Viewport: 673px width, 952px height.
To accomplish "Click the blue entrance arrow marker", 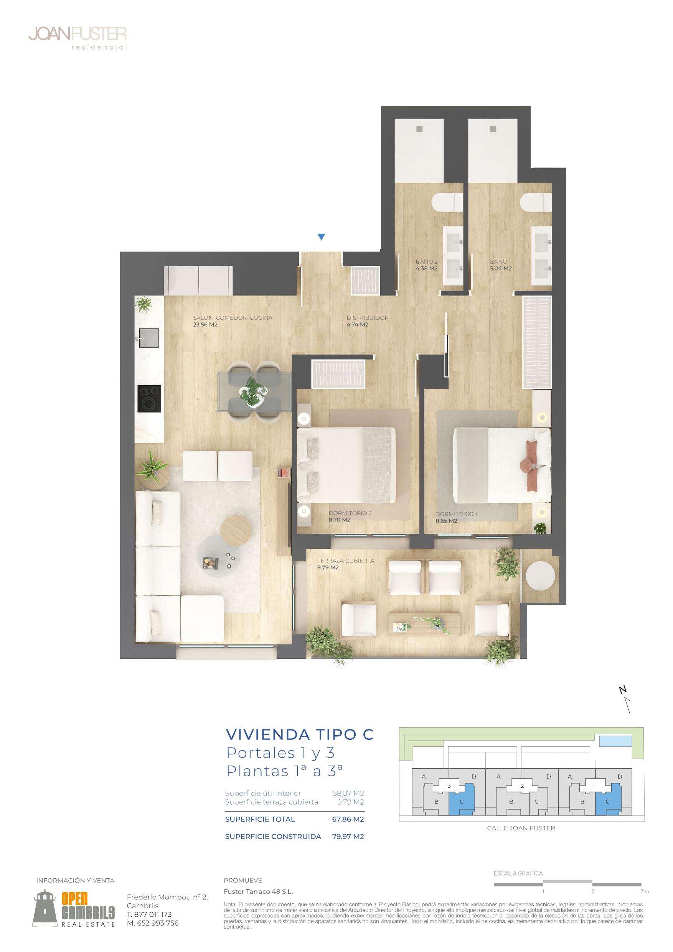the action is [x=321, y=237].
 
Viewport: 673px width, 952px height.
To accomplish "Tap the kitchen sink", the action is [x=149, y=338].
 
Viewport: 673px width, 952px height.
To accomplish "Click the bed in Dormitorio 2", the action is [x=346, y=465].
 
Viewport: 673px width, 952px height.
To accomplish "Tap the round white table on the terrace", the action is [x=540, y=576].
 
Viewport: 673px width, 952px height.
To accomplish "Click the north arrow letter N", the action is [x=622, y=690].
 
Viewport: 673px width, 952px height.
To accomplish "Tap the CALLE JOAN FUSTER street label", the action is [x=521, y=828].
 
